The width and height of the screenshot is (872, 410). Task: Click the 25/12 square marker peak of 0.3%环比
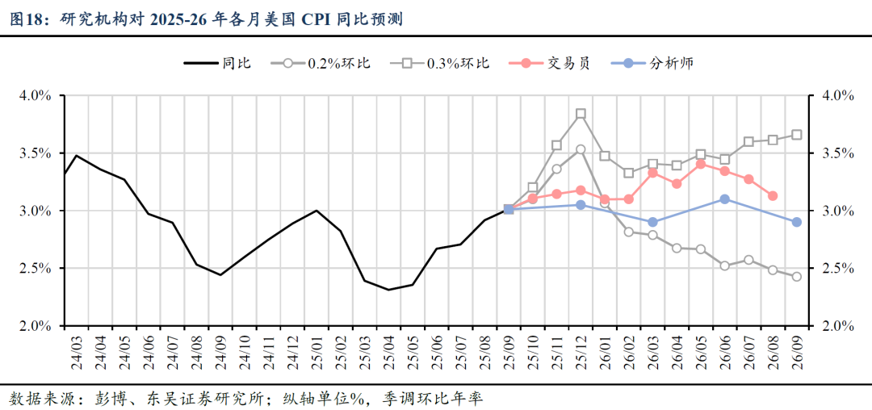point(581,114)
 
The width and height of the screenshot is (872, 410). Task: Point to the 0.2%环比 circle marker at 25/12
point(581,149)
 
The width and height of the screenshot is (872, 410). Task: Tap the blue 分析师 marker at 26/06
point(724,199)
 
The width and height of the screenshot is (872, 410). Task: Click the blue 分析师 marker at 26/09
point(797,222)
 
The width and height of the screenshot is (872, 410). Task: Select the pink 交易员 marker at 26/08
point(773,195)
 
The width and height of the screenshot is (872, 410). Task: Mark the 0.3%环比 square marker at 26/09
point(797,135)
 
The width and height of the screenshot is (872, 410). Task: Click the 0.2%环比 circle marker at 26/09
point(797,277)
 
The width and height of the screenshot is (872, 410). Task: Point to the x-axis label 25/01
point(317,351)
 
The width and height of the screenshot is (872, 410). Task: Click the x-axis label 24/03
point(77,351)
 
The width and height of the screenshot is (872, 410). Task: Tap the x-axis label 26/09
point(797,351)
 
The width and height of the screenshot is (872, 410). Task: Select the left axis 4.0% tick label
point(36,95)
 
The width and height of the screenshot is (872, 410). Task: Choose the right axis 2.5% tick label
point(836,268)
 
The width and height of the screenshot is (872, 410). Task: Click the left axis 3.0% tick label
point(36,211)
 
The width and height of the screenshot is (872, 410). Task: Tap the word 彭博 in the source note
point(110,398)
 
